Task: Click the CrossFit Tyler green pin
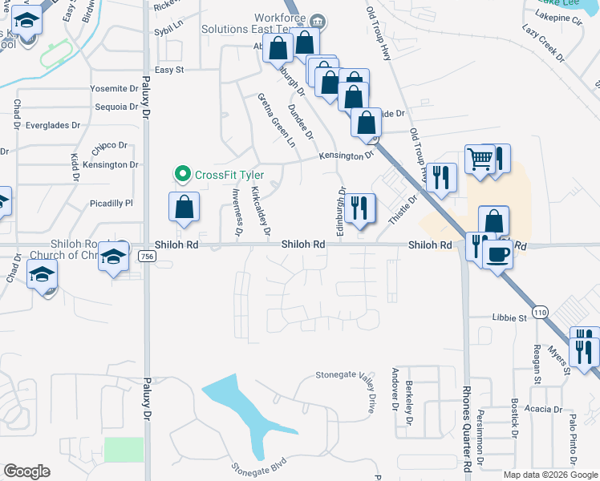tap(183, 173)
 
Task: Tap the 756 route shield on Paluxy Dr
tap(146, 256)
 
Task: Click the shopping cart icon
tap(480, 159)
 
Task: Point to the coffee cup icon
tap(498, 253)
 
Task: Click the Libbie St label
tap(508, 317)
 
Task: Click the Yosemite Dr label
tap(114, 88)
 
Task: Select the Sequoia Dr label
tap(116, 107)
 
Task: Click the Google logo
tap(26, 471)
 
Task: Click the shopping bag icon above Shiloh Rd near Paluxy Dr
tap(184, 207)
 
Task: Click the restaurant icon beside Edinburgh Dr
tap(359, 208)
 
